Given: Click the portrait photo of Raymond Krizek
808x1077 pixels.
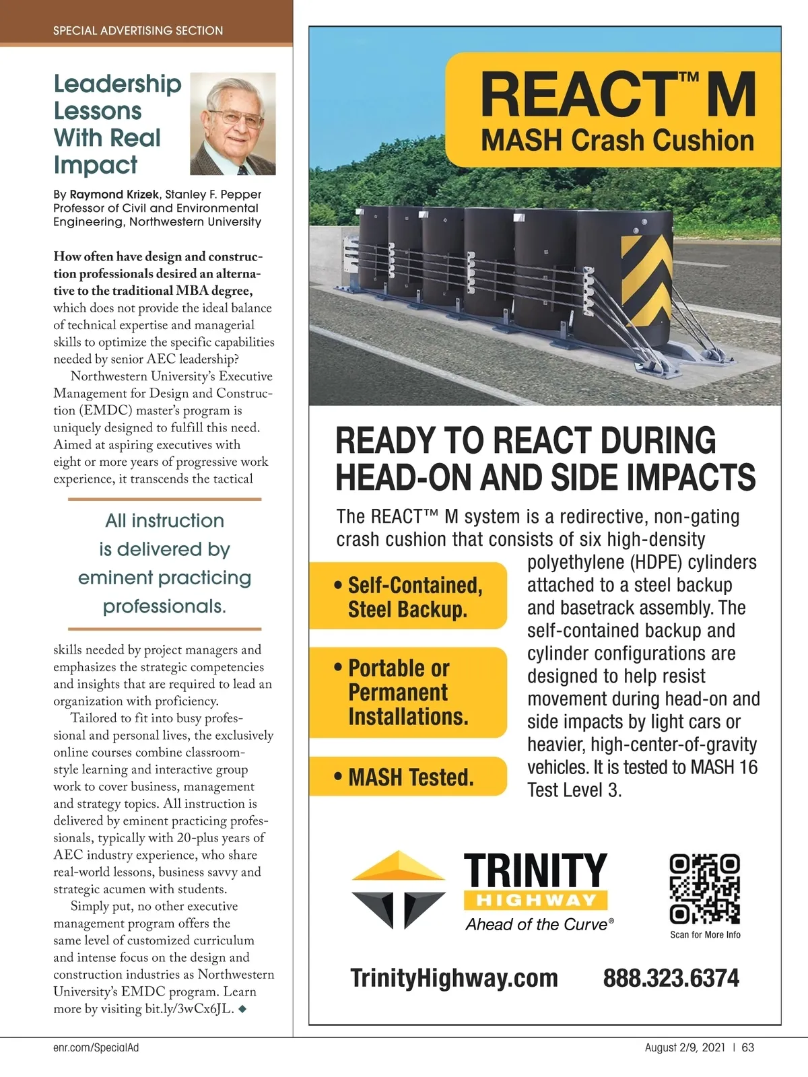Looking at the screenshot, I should (x=233, y=124).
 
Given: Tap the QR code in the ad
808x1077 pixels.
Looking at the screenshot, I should (x=704, y=889).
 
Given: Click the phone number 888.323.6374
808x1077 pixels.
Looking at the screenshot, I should (x=671, y=978).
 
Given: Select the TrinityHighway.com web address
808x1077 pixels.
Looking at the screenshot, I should (x=454, y=978).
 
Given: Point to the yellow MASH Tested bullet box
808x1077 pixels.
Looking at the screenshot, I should (x=408, y=777).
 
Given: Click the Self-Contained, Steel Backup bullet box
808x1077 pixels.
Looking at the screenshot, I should (x=408, y=596).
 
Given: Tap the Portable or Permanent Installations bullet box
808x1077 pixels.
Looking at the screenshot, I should (x=408, y=693).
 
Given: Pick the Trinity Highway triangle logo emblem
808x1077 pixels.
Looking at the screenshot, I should (x=398, y=889).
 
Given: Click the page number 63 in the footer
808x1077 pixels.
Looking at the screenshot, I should (x=748, y=1047).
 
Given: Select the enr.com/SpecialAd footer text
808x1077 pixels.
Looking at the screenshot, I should (x=96, y=1047).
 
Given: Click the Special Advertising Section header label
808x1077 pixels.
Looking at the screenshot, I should (x=138, y=30).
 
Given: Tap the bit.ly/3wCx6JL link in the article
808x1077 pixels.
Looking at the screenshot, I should (x=189, y=1008).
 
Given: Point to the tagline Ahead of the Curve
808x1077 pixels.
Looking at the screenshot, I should (x=537, y=925).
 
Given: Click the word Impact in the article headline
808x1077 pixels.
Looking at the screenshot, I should (x=96, y=165).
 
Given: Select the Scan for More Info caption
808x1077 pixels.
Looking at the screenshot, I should (x=705, y=934).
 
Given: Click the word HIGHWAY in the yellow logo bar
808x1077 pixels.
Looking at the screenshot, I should (x=536, y=900).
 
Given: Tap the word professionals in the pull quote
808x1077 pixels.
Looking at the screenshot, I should (x=164, y=606).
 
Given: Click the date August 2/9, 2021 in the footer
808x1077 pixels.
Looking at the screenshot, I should (x=685, y=1047).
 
